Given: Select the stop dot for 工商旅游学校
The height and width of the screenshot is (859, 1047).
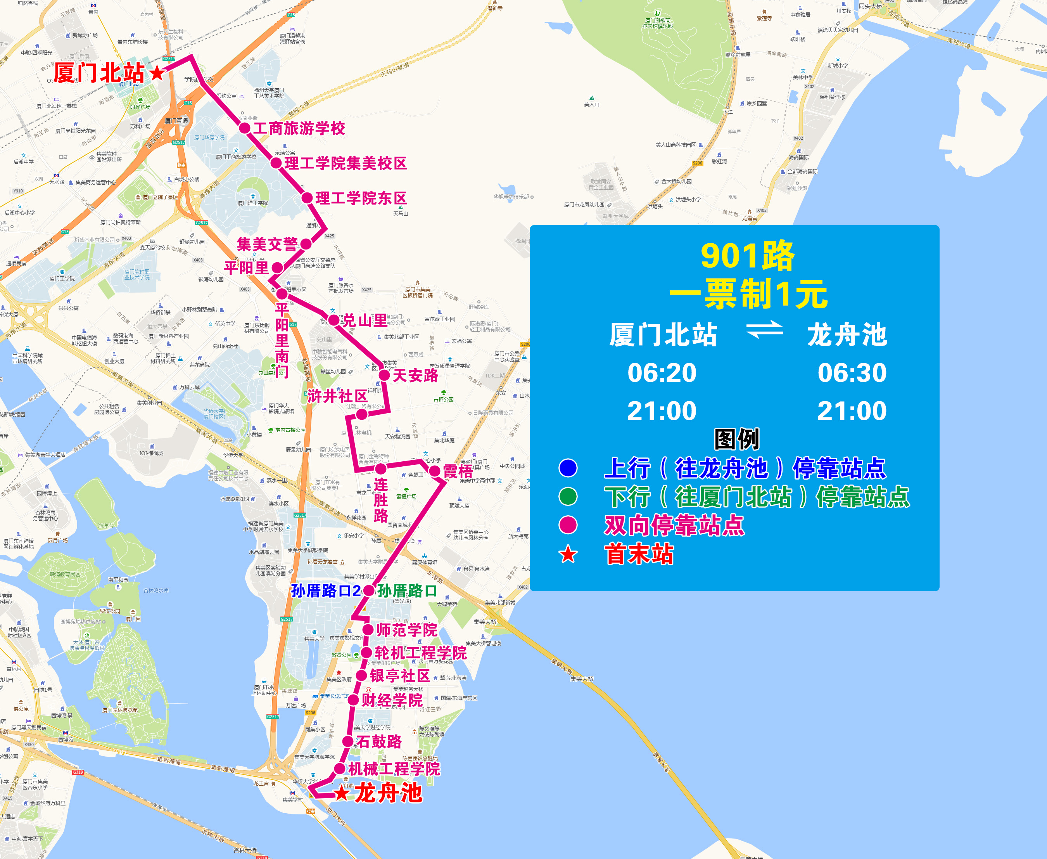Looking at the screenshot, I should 245,128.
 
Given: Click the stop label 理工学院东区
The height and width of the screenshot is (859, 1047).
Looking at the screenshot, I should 361,198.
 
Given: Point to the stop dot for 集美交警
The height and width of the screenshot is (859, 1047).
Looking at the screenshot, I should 306,244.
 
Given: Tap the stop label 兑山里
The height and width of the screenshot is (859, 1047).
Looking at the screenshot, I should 365,320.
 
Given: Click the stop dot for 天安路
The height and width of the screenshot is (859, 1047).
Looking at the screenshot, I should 384,375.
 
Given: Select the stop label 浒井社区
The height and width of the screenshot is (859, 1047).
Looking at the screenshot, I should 337,396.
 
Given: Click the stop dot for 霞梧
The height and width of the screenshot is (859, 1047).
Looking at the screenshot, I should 435,471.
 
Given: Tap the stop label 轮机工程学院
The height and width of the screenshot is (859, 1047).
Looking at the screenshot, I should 420,653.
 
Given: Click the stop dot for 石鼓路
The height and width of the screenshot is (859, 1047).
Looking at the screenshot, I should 348,741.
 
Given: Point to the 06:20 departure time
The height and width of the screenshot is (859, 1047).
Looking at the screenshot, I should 662,372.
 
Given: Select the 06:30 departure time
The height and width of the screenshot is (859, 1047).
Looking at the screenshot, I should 852,372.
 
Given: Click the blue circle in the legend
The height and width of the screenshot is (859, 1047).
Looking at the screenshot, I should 568,468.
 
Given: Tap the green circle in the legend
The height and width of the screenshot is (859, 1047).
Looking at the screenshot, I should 568,496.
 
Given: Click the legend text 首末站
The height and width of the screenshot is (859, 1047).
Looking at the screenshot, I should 639,554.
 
